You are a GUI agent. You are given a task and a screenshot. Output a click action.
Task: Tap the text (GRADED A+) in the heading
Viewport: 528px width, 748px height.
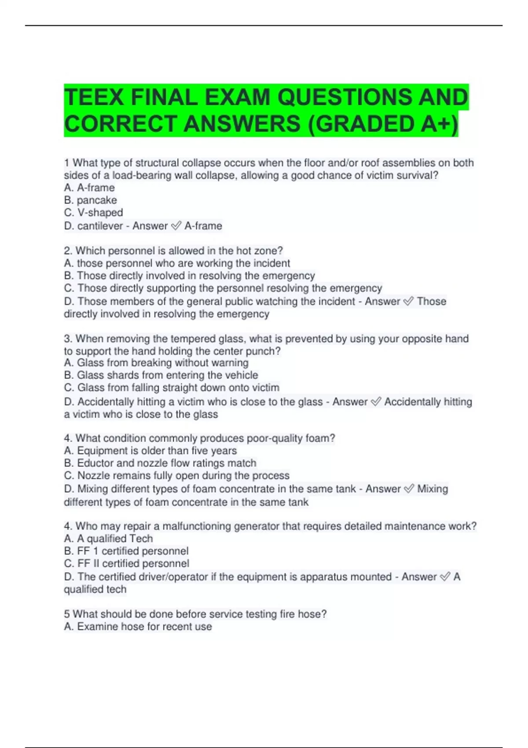coord(382,124)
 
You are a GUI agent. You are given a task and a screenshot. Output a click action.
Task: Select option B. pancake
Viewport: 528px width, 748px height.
coord(90,200)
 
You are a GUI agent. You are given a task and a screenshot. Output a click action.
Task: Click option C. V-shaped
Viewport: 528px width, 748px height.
coord(93,213)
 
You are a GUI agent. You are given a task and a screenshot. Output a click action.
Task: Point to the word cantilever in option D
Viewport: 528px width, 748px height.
coord(100,226)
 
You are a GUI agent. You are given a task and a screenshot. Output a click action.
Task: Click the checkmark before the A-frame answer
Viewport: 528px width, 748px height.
coord(176,226)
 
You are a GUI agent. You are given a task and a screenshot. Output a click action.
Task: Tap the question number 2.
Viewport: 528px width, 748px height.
coord(68,251)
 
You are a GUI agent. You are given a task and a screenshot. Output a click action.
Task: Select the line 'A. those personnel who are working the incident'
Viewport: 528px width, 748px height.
coord(177,263)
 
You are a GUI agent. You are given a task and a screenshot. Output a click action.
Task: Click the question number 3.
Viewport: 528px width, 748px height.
coord(68,339)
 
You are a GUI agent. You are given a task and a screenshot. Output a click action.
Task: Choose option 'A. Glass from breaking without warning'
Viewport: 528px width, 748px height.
coord(156,363)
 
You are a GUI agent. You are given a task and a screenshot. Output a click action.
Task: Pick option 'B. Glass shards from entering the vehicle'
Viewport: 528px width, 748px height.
coord(161,375)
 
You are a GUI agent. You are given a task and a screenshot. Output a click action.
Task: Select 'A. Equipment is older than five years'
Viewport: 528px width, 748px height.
coord(150,451)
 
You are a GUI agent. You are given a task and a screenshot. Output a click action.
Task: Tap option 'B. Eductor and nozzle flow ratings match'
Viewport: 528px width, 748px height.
coord(160,463)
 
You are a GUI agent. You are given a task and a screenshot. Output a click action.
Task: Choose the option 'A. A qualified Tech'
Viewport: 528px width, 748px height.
coord(108,539)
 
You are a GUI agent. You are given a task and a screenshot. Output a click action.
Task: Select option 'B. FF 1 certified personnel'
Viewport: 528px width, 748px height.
coord(126,551)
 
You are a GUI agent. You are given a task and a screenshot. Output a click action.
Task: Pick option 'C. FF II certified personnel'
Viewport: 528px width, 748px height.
coord(127,563)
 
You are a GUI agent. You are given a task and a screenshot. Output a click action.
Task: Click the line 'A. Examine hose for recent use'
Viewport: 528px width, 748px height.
coord(138,627)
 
